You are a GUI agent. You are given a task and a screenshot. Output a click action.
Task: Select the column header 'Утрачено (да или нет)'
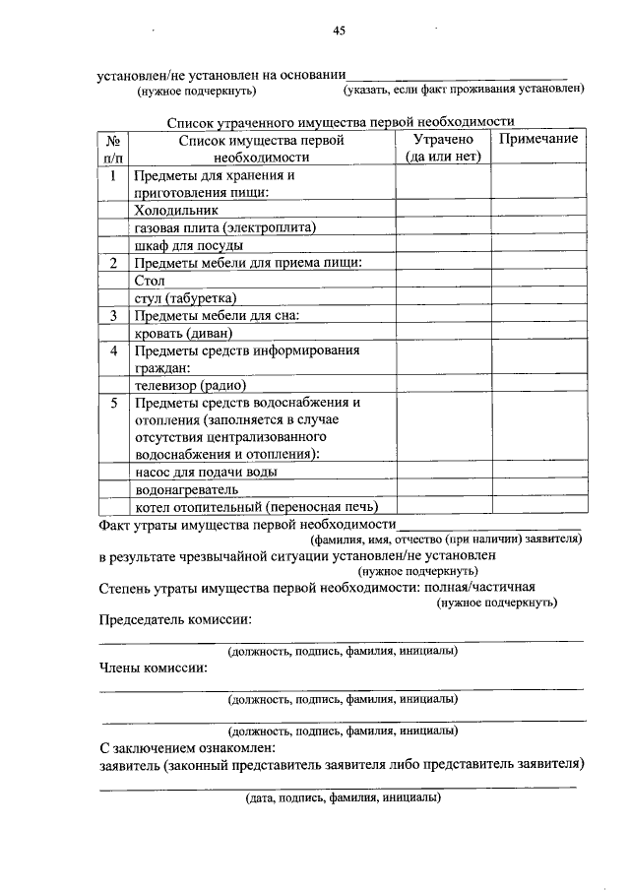click(x=443, y=148)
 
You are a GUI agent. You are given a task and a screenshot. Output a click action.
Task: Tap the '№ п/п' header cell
click(x=114, y=148)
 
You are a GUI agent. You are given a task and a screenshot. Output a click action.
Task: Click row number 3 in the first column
click(x=114, y=315)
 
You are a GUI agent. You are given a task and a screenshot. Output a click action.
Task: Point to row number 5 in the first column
click(x=114, y=404)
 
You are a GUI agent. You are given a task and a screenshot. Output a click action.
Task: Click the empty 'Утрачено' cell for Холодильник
click(x=443, y=210)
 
